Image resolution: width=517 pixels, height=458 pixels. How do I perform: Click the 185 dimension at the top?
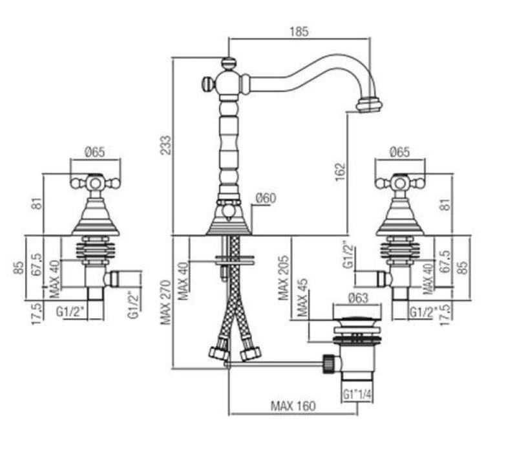tap(299, 32)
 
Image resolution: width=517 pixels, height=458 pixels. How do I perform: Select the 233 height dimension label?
tap(166, 145)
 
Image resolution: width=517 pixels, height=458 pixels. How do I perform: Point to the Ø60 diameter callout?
tap(266, 199)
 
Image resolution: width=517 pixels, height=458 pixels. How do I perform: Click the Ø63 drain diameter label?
tap(358, 298)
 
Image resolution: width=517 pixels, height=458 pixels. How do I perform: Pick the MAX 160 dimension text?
tap(293, 406)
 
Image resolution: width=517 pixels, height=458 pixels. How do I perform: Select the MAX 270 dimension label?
tap(166, 302)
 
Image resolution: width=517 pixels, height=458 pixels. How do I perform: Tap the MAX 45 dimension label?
tap(302, 298)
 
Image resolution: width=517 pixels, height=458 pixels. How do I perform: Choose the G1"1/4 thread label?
tap(357, 394)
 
